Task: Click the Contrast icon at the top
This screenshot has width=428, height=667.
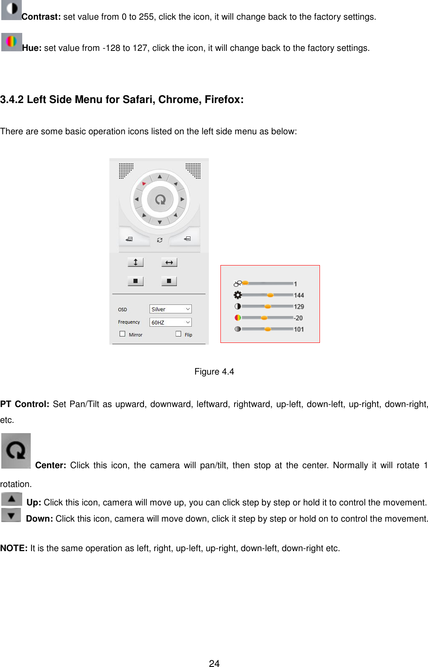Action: click(x=12, y=9)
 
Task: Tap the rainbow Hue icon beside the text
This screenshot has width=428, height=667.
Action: click(x=12, y=42)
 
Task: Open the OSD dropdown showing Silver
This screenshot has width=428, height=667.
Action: click(x=170, y=309)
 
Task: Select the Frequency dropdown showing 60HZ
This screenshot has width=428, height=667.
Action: click(x=170, y=322)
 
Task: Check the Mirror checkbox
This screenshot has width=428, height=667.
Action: click(x=123, y=334)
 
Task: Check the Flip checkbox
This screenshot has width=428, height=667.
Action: click(x=179, y=334)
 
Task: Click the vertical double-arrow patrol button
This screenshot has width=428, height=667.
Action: click(x=135, y=262)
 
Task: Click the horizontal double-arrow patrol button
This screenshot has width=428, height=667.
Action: click(x=169, y=262)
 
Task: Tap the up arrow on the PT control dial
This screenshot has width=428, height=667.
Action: click(x=160, y=176)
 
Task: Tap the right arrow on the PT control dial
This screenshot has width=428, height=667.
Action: click(x=182, y=199)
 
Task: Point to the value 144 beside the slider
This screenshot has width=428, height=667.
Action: click(x=299, y=295)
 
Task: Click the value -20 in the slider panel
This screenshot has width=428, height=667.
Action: click(x=298, y=318)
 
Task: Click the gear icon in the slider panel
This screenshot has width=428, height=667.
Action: click(x=237, y=295)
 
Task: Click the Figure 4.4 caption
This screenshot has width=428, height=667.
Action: click(x=214, y=372)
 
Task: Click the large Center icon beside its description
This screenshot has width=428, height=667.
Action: click(x=16, y=451)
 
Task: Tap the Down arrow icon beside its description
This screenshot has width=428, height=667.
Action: click(x=12, y=515)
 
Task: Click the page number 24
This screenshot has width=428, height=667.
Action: click(x=214, y=663)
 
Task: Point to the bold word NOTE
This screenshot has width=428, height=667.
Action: click(x=14, y=548)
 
